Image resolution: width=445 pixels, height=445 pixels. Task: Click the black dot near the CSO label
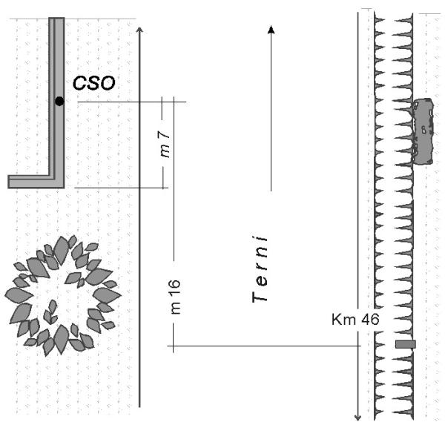[x=59, y=101]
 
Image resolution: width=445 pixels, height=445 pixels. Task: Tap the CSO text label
[x=94, y=83]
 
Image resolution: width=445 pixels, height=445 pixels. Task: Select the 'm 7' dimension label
[x=165, y=144]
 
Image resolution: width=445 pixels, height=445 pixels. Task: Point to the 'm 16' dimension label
[x=175, y=297]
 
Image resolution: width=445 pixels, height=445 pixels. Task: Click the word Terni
[x=260, y=269]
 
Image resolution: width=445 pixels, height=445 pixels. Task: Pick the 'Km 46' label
[x=355, y=320]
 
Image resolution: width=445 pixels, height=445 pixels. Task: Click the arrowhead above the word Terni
[x=271, y=30]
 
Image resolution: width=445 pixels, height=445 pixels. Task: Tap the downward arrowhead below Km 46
[x=358, y=417]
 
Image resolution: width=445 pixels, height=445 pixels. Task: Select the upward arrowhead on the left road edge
[x=139, y=30]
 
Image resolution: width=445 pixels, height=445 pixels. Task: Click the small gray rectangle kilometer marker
[x=406, y=344]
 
